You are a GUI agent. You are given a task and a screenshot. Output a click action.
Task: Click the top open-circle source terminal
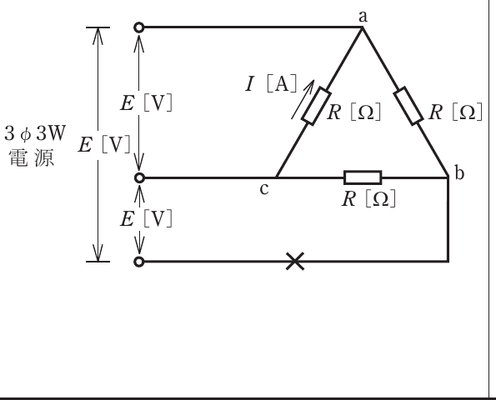point(139,27)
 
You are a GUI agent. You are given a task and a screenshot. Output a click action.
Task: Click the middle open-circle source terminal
point(139,178)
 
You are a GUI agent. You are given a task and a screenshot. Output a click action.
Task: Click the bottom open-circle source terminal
point(139,262)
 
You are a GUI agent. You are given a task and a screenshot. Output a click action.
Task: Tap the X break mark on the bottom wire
point(295,261)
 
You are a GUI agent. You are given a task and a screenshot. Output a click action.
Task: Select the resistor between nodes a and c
point(316,106)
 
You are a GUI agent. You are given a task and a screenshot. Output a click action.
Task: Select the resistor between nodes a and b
point(408,106)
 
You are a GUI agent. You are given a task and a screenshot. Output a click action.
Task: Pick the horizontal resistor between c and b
point(363,177)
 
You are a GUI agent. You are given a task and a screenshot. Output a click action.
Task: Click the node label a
point(363,17)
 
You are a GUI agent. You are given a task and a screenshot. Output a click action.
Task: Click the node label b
point(459,172)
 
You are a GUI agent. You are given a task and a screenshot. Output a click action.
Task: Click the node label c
point(264,189)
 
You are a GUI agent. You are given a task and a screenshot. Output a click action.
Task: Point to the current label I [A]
point(272,84)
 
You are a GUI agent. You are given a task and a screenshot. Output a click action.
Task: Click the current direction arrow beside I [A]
point(303,99)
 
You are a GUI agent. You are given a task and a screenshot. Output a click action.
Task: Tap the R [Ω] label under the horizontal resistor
point(368,199)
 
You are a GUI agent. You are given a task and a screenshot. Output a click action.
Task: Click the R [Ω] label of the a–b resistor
point(455,112)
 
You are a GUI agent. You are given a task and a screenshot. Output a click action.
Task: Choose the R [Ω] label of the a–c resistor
point(354,112)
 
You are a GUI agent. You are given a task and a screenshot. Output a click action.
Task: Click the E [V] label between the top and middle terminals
point(146,102)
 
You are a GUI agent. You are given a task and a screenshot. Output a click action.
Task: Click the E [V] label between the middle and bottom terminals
point(146,218)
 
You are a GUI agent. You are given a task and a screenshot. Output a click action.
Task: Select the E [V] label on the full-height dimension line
point(104,145)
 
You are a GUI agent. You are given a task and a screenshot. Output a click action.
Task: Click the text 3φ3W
point(35,132)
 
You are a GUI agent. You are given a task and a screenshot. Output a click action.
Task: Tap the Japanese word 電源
point(32,157)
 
